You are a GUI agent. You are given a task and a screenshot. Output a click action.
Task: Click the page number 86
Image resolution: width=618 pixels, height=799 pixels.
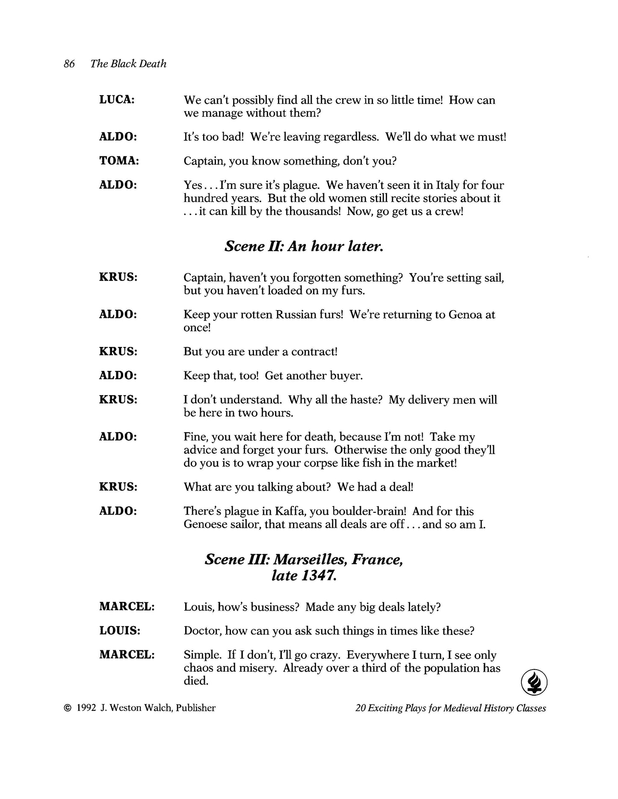click(69, 64)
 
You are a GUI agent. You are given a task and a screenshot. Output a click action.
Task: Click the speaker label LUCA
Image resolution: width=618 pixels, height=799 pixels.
click(117, 100)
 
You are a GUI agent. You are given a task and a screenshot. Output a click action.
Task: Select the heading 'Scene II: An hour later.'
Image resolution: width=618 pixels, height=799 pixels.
click(304, 246)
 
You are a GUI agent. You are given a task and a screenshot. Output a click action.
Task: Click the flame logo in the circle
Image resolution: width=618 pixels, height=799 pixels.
click(534, 683)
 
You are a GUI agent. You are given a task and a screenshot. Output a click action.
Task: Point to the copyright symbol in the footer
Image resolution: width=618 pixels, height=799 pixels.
click(67, 708)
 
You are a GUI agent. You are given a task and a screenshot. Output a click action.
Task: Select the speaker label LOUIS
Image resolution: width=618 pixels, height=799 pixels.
click(120, 631)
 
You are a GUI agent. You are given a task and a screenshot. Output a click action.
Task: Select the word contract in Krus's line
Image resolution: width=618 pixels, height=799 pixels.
click(315, 352)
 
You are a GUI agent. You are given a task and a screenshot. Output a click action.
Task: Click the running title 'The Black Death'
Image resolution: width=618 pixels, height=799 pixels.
click(128, 64)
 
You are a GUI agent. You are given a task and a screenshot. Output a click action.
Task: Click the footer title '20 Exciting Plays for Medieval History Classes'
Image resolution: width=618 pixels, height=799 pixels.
click(450, 708)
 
